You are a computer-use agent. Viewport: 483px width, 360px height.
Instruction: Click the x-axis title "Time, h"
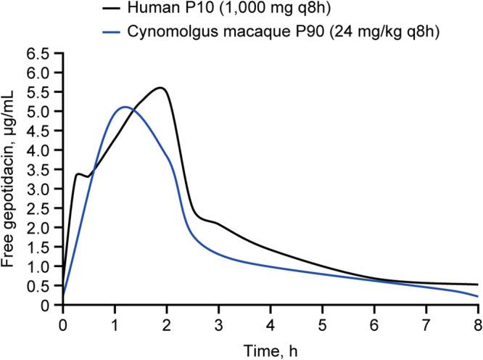coord(270,349)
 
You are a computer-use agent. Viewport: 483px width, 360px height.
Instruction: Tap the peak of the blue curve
coord(125,107)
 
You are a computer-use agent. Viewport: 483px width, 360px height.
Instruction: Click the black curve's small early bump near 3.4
coord(79,173)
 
